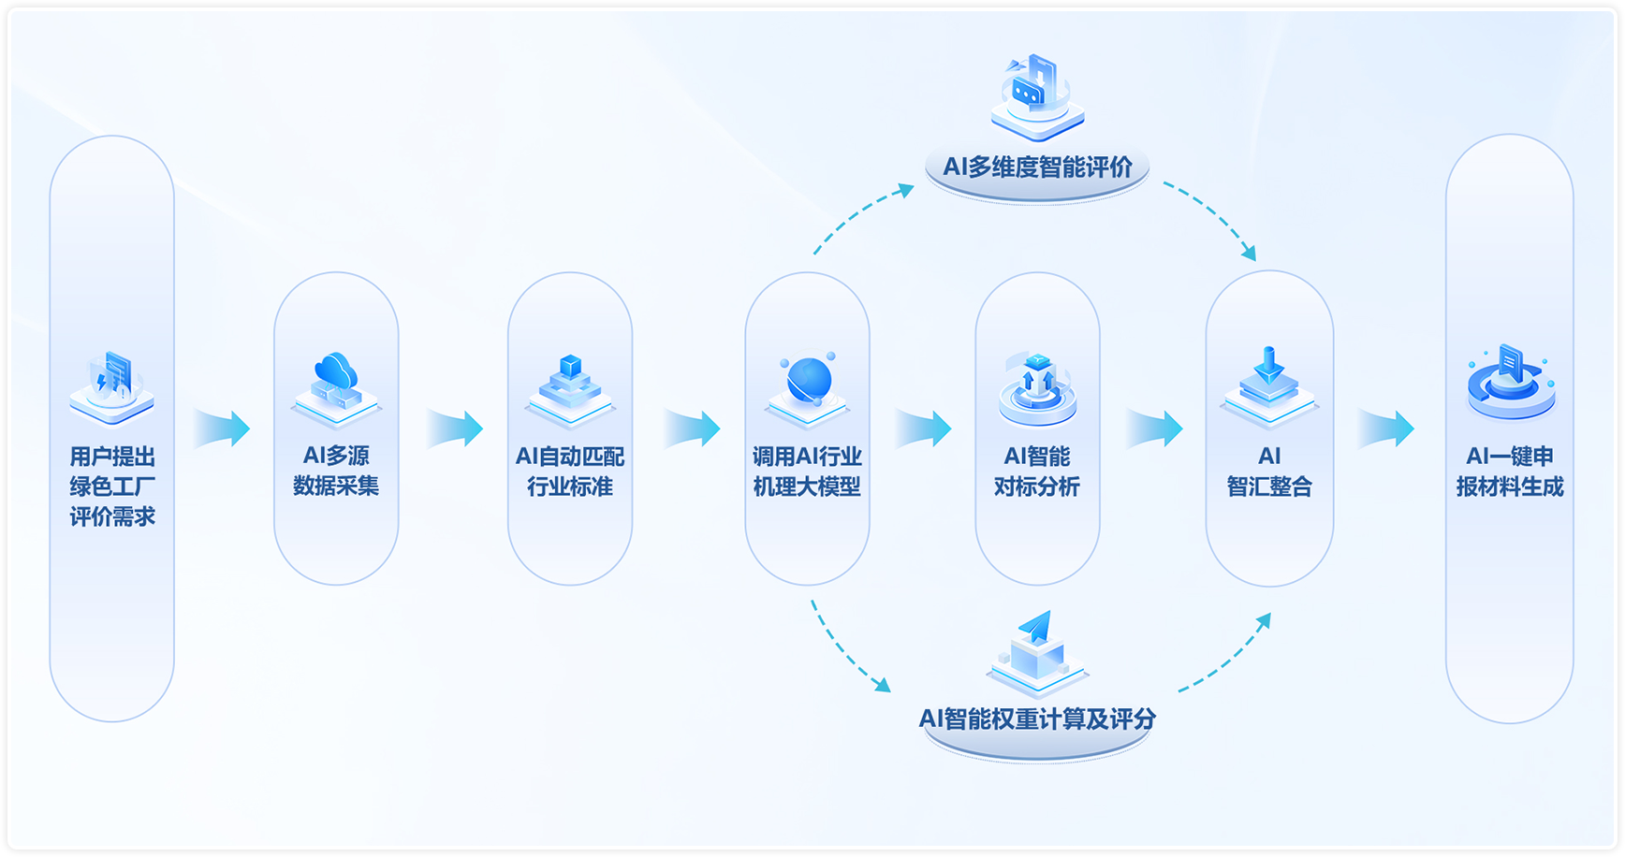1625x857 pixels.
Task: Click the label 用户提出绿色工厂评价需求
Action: point(112,487)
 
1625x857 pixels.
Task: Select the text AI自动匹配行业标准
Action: point(569,472)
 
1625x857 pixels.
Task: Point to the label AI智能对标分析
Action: point(1037,472)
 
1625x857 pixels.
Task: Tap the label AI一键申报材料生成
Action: point(1509,472)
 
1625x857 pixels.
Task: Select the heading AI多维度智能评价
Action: point(1037,167)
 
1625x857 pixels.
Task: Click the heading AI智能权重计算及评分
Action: point(1037,719)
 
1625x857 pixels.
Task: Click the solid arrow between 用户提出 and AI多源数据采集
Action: point(222,428)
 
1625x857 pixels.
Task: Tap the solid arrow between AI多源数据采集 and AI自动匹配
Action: point(455,428)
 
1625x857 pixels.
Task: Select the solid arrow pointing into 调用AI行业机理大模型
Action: point(693,428)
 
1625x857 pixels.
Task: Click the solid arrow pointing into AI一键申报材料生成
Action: point(1386,428)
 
